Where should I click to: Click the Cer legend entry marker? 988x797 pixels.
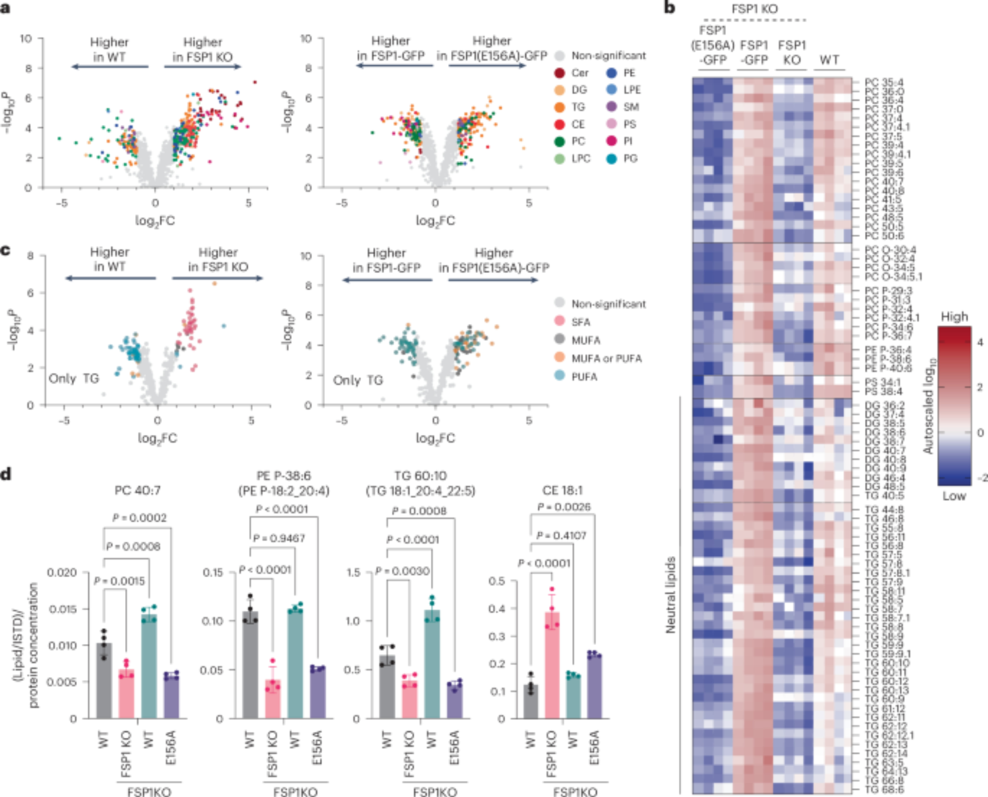(x=559, y=73)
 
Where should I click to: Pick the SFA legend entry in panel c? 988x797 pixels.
(x=559, y=322)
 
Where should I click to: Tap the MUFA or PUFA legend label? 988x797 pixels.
(x=607, y=359)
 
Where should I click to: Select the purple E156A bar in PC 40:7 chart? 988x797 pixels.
(x=171, y=697)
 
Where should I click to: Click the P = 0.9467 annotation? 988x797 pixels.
(x=279, y=538)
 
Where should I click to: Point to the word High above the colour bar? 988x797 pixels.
(x=954, y=317)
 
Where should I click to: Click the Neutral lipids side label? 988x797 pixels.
(x=670, y=595)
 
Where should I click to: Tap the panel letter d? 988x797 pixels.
(x=6, y=474)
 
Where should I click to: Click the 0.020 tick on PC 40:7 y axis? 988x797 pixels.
(x=62, y=572)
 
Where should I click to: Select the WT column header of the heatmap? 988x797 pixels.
(x=829, y=60)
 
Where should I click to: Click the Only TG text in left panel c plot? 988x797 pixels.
(x=74, y=379)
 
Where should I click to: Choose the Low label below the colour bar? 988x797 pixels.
(x=953, y=496)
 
